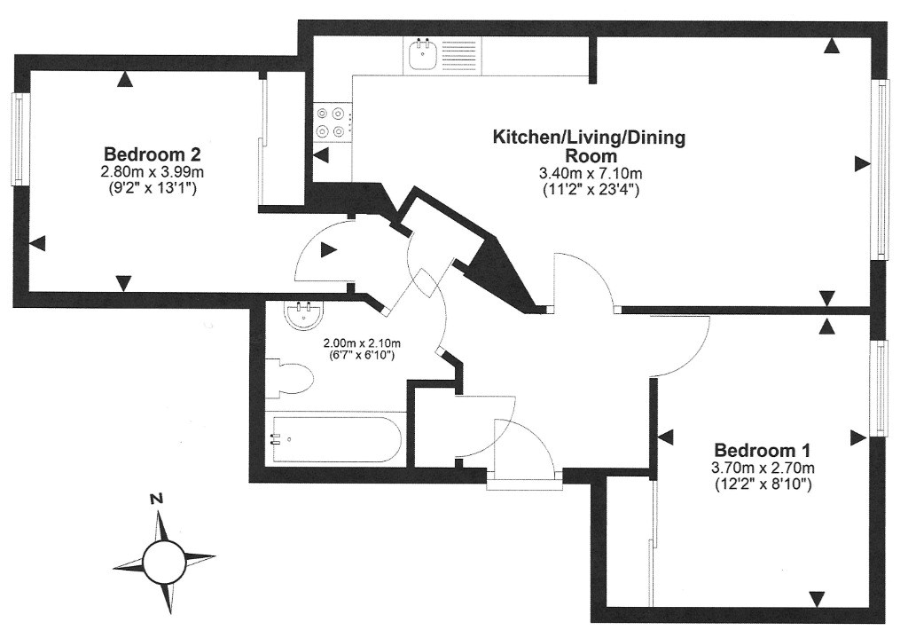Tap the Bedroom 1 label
click(763, 449)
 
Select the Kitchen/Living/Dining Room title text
click(589, 146)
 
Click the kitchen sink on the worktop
click(422, 57)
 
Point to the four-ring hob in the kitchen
click(333, 122)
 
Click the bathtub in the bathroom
click(334, 438)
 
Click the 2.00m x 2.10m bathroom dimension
click(361, 343)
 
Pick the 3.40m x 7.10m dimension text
click(591, 172)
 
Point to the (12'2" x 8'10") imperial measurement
click(763, 484)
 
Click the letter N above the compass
click(156, 499)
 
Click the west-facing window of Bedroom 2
click(18, 139)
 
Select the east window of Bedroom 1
click(881, 388)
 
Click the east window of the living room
click(881, 169)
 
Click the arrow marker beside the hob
click(321, 156)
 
